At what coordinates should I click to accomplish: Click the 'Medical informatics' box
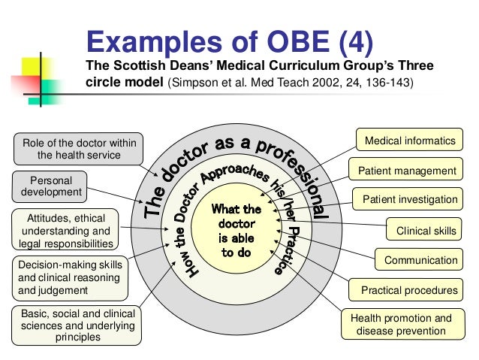[x=409, y=141]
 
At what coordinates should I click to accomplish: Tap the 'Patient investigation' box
[x=409, y=199]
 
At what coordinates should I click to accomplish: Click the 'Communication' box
[x=420, y=260]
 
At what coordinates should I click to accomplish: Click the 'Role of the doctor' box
[x=77, y=149]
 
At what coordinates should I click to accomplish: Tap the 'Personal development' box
[x=50, y=186]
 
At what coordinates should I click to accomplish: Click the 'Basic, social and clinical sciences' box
[x=73, y=325]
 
